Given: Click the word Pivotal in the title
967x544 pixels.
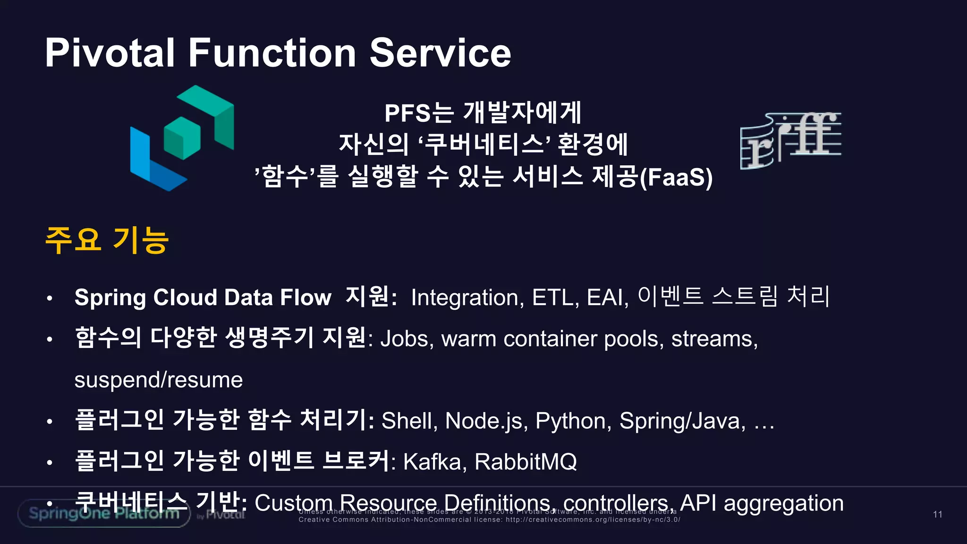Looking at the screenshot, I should click(110, 53).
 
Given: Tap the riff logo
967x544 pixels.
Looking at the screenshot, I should click(790, 140).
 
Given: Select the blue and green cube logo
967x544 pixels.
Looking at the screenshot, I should click(182, 138).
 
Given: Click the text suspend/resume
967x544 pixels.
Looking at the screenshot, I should click(159, 380).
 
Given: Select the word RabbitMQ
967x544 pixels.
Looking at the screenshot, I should click(526, 462).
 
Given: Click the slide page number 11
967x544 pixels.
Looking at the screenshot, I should click(937, 514).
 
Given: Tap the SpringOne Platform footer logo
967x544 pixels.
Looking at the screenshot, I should click(104, 513).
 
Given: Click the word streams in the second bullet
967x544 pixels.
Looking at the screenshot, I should click(714, 339).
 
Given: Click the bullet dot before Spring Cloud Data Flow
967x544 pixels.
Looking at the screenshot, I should click(50, 298).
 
